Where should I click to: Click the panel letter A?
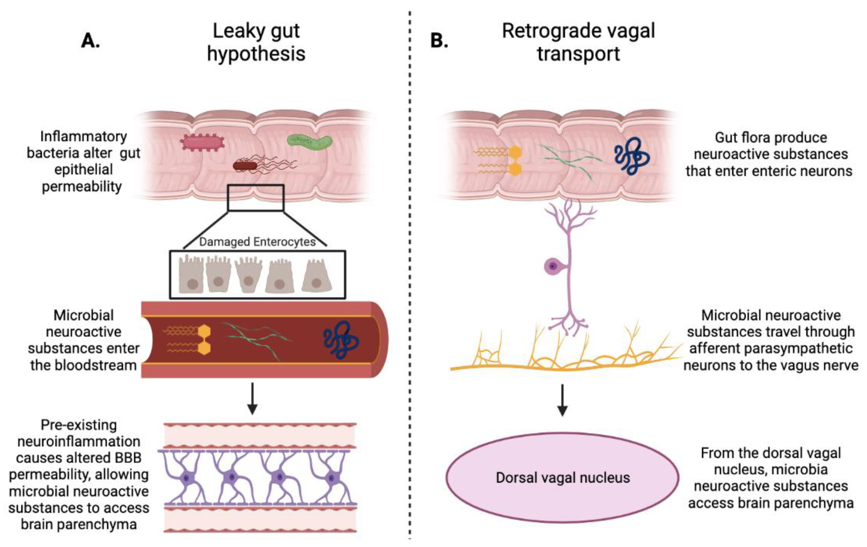(x=90, y=40)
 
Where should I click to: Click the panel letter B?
(x=439, y=40)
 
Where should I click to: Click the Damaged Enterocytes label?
(x=257, y=242)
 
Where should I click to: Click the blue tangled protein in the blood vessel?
(x=340, y=340)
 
